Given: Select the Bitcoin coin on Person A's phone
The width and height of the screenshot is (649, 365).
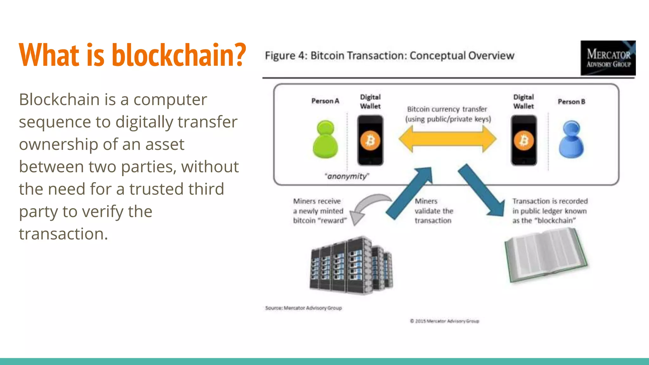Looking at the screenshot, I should tap(370, 140).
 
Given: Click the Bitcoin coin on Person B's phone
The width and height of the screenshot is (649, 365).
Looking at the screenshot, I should tap(524, 140).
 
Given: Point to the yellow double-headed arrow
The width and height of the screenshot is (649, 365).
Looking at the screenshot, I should tap(447, 139).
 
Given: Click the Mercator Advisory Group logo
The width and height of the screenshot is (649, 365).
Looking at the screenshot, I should tap(608, 58).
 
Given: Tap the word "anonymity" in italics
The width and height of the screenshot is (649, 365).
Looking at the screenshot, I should tap(347, 176).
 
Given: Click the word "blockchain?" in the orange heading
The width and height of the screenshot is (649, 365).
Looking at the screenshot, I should tap(179, 55).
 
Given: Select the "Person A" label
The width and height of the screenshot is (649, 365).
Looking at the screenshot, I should tap(325, 101).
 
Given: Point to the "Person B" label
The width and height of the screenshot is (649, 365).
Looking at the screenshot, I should tap(571, 102).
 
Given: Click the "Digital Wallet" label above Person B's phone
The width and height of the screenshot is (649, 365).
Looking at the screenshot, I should tap(524, 101).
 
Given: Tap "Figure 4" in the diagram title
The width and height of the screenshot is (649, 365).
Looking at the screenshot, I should tap(285, 56).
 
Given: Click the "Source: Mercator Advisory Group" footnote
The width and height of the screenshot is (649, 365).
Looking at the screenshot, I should tap(303, 308).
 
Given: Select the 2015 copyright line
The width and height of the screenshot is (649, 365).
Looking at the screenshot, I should tap(444, 321).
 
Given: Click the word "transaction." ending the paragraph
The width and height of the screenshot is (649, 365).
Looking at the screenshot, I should tap(63, 234).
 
